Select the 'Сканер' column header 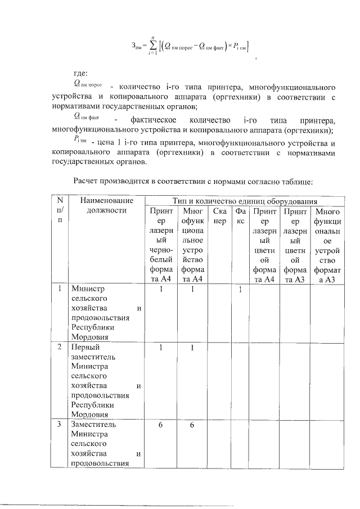(x=219, y=217)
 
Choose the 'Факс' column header (x=241, y=217)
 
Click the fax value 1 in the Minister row (x=240, y=290)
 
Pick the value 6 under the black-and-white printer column (x=161, y=425)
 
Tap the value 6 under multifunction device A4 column (x=192, y=425)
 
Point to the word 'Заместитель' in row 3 (x=93, y=424)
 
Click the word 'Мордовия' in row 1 (x=90, y=337)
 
